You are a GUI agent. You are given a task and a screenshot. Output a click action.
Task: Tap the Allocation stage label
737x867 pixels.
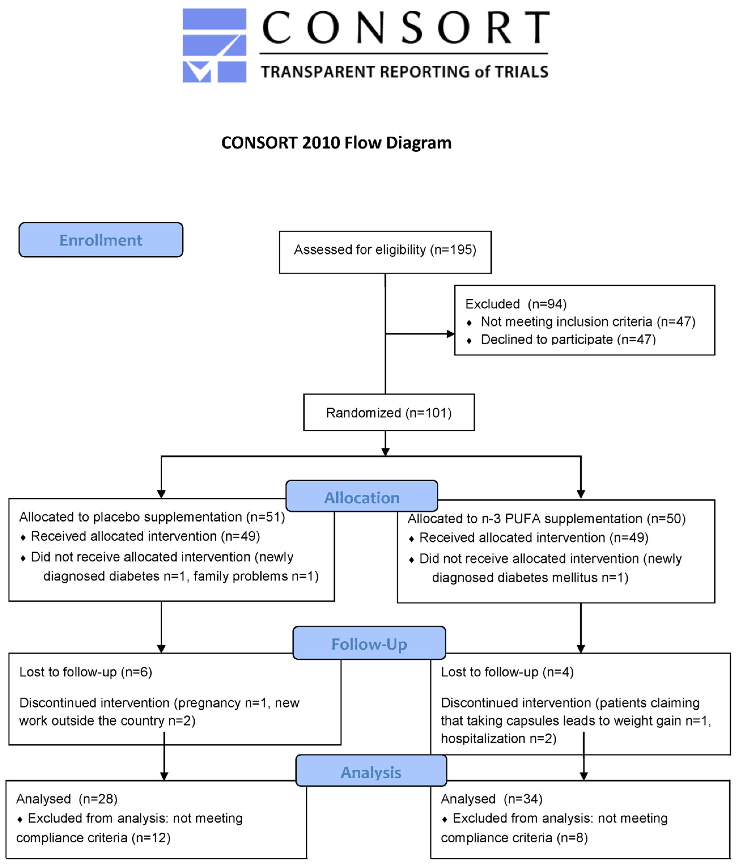coord(362,498)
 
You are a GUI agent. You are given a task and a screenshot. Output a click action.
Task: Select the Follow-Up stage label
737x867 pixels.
coord(369,644)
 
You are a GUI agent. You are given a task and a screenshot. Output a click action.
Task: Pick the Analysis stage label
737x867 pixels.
coord(371,772)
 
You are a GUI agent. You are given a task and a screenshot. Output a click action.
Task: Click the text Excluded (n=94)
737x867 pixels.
coord(516,304)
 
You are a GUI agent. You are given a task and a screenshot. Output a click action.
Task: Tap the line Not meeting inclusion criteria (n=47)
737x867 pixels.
coord(588,322)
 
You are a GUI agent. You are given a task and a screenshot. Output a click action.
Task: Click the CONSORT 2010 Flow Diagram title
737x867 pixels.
coord(336,143)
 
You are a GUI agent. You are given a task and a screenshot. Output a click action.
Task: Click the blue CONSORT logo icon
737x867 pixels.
coord(214,45)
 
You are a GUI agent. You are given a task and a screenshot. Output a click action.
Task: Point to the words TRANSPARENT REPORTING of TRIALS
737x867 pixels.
coord(404,72)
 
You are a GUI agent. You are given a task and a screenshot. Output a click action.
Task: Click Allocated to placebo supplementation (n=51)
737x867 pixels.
coord(152,517)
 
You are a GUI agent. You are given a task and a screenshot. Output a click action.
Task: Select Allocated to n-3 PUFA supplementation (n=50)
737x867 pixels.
coord(547,519)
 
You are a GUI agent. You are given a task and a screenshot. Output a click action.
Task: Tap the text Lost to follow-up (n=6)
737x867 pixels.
coord(86,672)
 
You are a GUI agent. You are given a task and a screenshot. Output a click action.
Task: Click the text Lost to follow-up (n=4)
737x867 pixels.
coord(507,672)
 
